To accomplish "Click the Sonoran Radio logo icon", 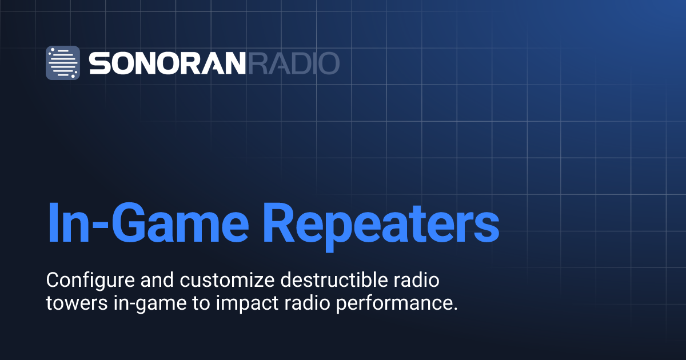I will (63, 62).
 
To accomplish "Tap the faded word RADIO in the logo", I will (293, 63).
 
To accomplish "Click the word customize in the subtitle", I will (213, 281).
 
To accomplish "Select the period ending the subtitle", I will (456, 309).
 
